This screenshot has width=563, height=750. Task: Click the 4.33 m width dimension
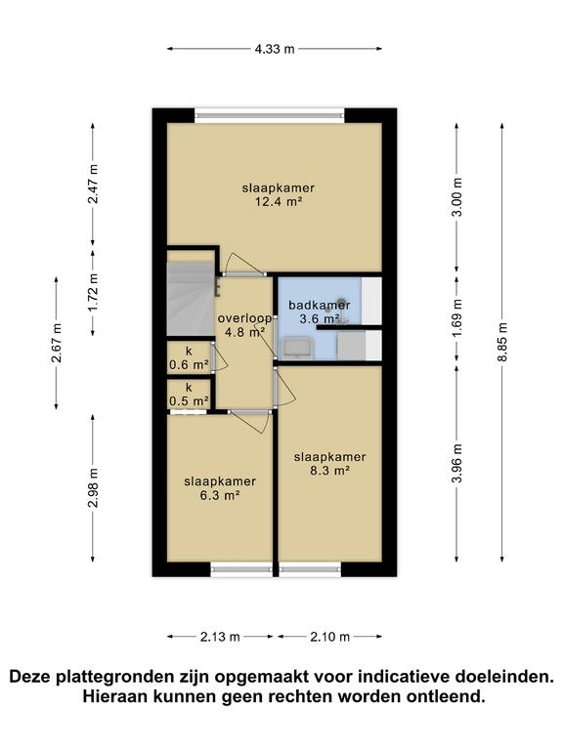pos(275,49)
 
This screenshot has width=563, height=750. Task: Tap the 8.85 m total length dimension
pos(502,343)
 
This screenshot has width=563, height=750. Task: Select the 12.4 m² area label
pos(279,202)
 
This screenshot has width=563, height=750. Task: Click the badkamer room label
pos(320,305)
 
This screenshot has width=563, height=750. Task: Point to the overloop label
pos(244,318)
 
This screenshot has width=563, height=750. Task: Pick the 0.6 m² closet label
pos(189,365)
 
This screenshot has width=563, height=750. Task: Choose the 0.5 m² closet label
pos(189,401)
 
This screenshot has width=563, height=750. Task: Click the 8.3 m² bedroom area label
pos(329,471)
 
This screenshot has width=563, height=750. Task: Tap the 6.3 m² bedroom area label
pos(220,495)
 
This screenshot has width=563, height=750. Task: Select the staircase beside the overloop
pos(190,299)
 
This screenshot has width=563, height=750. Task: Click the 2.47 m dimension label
pos(93,185)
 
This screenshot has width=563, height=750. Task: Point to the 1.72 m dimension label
pos(93,292)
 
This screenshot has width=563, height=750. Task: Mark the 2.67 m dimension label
pos(57,344)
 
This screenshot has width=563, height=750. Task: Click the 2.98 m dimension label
pos(93,487)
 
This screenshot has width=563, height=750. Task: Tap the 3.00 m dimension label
pos(457,197)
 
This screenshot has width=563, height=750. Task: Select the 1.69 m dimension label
pos(457,317)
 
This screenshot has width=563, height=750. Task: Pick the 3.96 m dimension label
pos(457,464)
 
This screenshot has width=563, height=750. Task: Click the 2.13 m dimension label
pos(220,637)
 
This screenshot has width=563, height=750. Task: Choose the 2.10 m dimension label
pos(329,637)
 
